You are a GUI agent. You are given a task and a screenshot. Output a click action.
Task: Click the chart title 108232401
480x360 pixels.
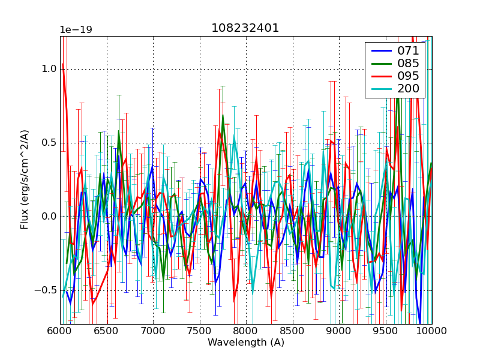(245, 28)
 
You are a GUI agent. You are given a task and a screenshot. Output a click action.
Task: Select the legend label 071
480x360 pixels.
(409, 50)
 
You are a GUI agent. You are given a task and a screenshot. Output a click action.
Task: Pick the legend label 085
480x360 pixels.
(409, 64)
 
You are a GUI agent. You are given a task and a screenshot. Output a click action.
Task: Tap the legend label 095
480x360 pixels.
(409, 77)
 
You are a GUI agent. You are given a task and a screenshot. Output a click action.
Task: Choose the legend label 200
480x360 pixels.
(409, 89)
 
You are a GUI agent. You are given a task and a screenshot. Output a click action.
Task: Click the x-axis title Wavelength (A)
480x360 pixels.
(246, 343)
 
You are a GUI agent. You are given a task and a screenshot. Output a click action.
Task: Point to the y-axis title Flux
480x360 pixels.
(25, 181)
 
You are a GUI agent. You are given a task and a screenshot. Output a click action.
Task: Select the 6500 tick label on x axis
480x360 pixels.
(107, 331)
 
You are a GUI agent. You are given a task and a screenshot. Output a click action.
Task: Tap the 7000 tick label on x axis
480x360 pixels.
(153, 331)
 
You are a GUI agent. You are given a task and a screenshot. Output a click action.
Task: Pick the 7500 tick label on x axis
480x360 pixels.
(200, 331)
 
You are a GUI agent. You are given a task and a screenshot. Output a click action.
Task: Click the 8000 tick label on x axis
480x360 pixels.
(246, 331)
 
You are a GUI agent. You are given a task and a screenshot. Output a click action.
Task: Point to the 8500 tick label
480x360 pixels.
(293, 331)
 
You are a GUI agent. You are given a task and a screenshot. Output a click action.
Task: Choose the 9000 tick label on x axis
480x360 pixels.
(339, 331)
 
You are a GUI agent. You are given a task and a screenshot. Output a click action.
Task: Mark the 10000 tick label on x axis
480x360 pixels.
(431, 331)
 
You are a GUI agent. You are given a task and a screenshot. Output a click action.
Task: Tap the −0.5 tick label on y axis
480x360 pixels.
(46, 290)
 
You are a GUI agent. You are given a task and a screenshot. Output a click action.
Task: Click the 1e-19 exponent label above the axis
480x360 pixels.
(75, 30)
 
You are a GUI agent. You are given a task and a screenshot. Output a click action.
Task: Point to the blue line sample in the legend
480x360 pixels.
(380, 50)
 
